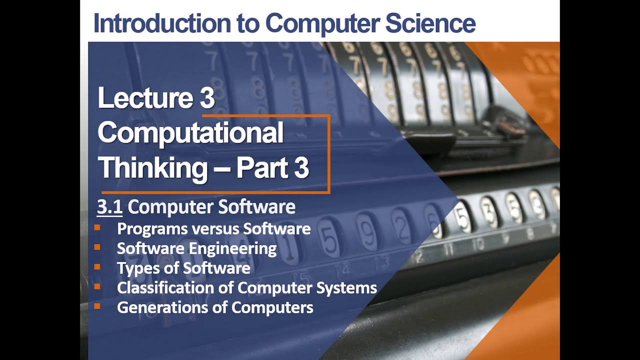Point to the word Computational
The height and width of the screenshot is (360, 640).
point(190,133)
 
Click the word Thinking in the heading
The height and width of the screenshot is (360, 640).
point(152,168)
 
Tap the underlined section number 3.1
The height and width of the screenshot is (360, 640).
point(109,207)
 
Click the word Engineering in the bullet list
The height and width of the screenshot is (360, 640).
point(237,248)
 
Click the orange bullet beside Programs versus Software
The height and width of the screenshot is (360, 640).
point(97,228)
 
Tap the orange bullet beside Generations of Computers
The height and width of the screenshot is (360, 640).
point(97,306)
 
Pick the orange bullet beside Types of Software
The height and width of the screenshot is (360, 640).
point(97,267)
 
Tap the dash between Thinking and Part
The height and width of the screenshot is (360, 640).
point(221,169)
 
